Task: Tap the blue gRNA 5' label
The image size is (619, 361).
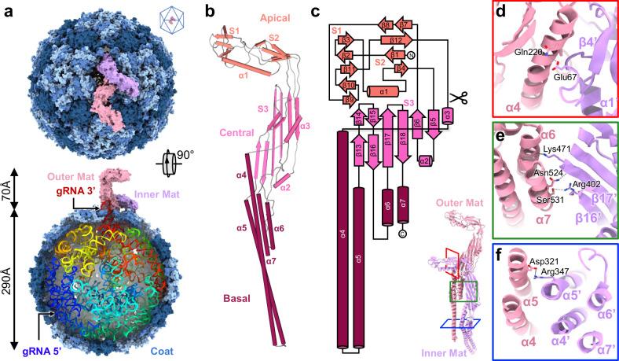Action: (20, 342)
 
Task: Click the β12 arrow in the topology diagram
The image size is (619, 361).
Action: (395, 40)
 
